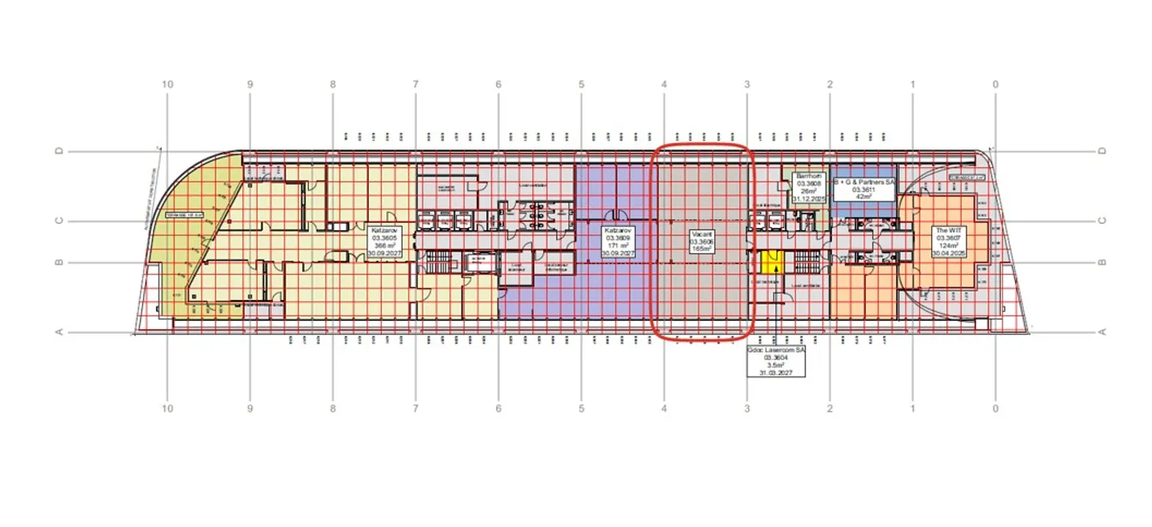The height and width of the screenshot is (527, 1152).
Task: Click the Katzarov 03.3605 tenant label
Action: (381, 241)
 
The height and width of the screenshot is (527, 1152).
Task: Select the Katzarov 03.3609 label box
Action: (618, 241)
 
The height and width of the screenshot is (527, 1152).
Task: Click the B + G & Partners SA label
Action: (864, 183)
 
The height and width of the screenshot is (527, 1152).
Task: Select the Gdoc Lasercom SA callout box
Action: (776, 361)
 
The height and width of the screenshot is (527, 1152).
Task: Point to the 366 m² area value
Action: (381, 246)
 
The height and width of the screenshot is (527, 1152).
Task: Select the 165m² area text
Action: (702, 249)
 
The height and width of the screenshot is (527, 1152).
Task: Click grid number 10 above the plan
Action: (167, 84)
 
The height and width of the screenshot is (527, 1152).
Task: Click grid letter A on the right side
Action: (1102, 332)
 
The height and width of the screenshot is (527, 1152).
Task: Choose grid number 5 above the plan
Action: (582, 84)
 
